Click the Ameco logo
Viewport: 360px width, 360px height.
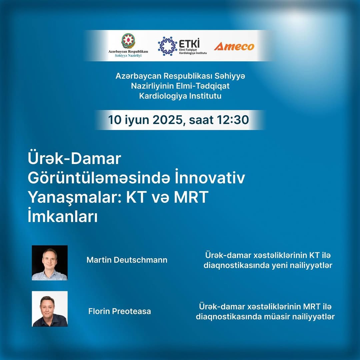(234, 46)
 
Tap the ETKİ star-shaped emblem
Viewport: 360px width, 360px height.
(167, 46)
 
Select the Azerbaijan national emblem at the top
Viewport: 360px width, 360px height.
(128, 41)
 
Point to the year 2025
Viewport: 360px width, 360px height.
(167, 120)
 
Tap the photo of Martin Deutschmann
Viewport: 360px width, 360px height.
(50, 263)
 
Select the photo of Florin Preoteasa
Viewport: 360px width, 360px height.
(50, 309)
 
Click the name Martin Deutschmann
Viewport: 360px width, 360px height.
(127, 260)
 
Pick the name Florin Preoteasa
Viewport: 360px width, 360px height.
(120, 311)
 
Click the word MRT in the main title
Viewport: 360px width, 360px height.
(191, 197)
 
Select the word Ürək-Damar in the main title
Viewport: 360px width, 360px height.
(74, 158)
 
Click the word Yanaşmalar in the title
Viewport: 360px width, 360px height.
(75, 197)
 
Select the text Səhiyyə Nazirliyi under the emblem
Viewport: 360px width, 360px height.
(128, 56)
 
